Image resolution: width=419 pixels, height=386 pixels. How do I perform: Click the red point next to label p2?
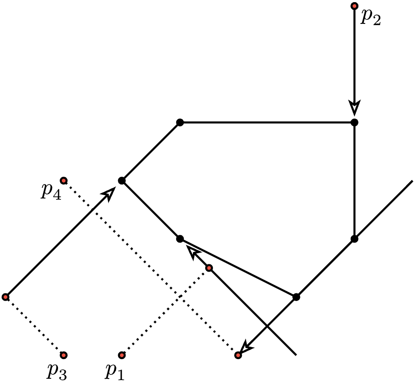(x=354, y=6)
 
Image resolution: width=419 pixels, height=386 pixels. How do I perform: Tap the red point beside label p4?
(x=64, y=180)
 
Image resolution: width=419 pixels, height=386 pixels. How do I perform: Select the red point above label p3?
(x=64, y=355)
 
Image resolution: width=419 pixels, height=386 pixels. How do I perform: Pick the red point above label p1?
(x=122, y=355)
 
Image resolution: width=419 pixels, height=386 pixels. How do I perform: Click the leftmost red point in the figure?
(x=6, y=297)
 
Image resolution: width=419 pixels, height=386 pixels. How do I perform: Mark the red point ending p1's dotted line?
(x=209, y=268)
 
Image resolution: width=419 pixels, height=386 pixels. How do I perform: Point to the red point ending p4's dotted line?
(x=238, y=355)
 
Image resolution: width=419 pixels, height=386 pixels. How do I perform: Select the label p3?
(x=56, y=371)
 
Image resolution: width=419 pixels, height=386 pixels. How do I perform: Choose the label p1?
(x=114, y=371)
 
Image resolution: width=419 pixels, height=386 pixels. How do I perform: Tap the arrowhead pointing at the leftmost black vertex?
(x=110, y=193)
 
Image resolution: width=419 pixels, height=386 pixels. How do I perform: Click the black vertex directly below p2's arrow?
(x=354, y=123)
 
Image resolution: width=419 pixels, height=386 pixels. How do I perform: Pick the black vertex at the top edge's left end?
(x=180, y=123)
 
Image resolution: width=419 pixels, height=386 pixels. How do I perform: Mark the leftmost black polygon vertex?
(x=122, y=181)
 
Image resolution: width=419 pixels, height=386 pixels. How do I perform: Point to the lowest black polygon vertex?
(x=296, y=297)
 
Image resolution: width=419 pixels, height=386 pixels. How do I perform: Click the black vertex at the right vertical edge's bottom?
(x=354, y=239)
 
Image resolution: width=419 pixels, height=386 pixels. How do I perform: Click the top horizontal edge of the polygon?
(x=267, y=123)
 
